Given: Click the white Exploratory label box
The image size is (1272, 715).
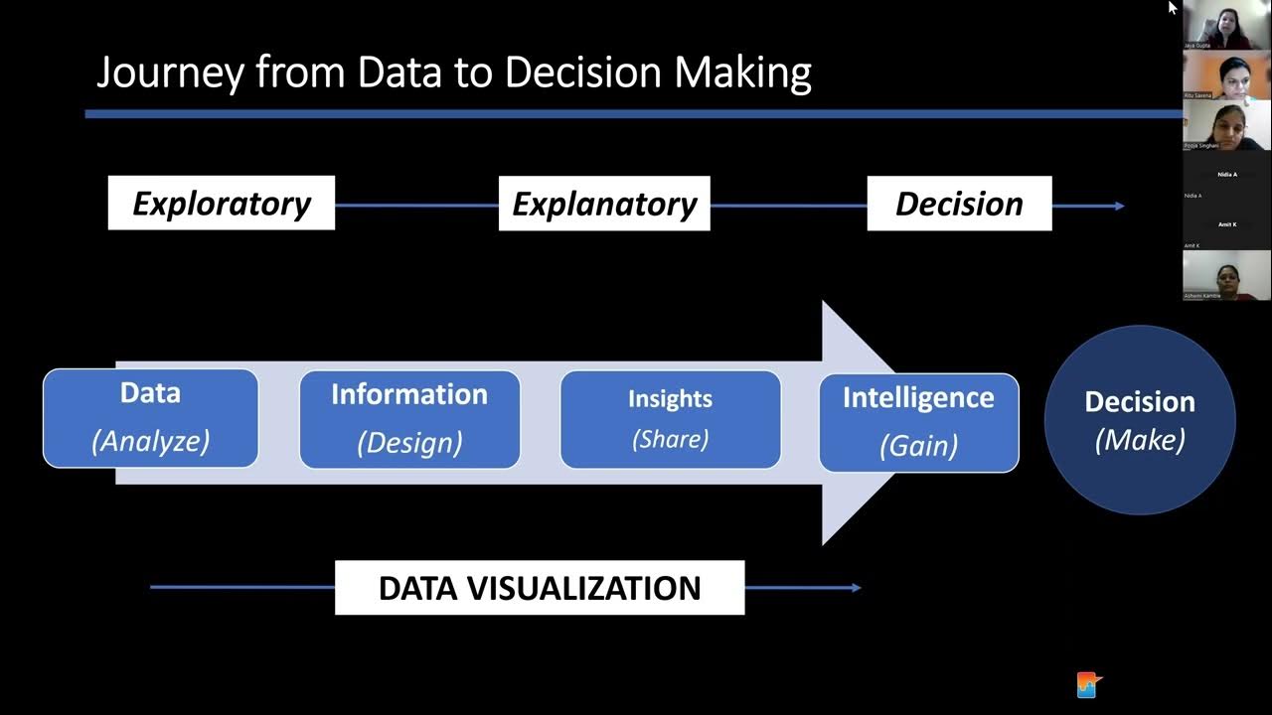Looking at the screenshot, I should pyautogui.click(x=221, y=204).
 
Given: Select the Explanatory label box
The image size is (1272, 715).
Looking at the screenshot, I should pyautogui.click(x=604, y=204).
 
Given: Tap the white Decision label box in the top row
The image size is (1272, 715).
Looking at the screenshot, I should pyautogui.click(x=959, y=204).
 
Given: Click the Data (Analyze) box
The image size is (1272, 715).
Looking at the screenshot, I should pyautogui.click(x=150, y=417).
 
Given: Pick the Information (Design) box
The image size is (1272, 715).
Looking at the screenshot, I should pyautogui.click(x=409, y=418).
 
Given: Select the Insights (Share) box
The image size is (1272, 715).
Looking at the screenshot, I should pyautogui.click(x=670, y=418).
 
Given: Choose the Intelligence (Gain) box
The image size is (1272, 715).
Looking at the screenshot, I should pyautogui.click(x=918, y=422).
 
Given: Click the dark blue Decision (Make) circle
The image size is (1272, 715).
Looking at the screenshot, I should pyautogui.click(x=1140, y=420).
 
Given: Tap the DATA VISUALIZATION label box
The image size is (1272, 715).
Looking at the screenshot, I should pyautogui.click(x=540, y=588).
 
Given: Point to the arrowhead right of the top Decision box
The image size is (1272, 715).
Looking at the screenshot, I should pyautogui.click(x=1119, y=206).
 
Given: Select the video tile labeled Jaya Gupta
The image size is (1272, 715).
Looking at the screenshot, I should pyautogui.click(x=1227, y=25).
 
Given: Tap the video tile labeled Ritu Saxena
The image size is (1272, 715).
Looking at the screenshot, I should pyautogui.click(x=1227, y=74).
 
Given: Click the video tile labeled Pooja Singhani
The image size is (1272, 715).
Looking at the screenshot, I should pyautogui.click(x=1227, y=125).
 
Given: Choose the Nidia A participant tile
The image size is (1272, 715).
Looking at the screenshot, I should pyautogui.click(x=1227, y=176).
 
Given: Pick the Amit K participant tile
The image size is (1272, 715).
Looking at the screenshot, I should pyautogui.click(x=1227, y=225).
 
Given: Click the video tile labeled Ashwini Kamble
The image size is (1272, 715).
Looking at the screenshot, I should pyautogui.click(x=1227, y=275).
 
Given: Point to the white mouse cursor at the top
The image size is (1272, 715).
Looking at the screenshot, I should pyautogui.click(x=1173, y=7).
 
